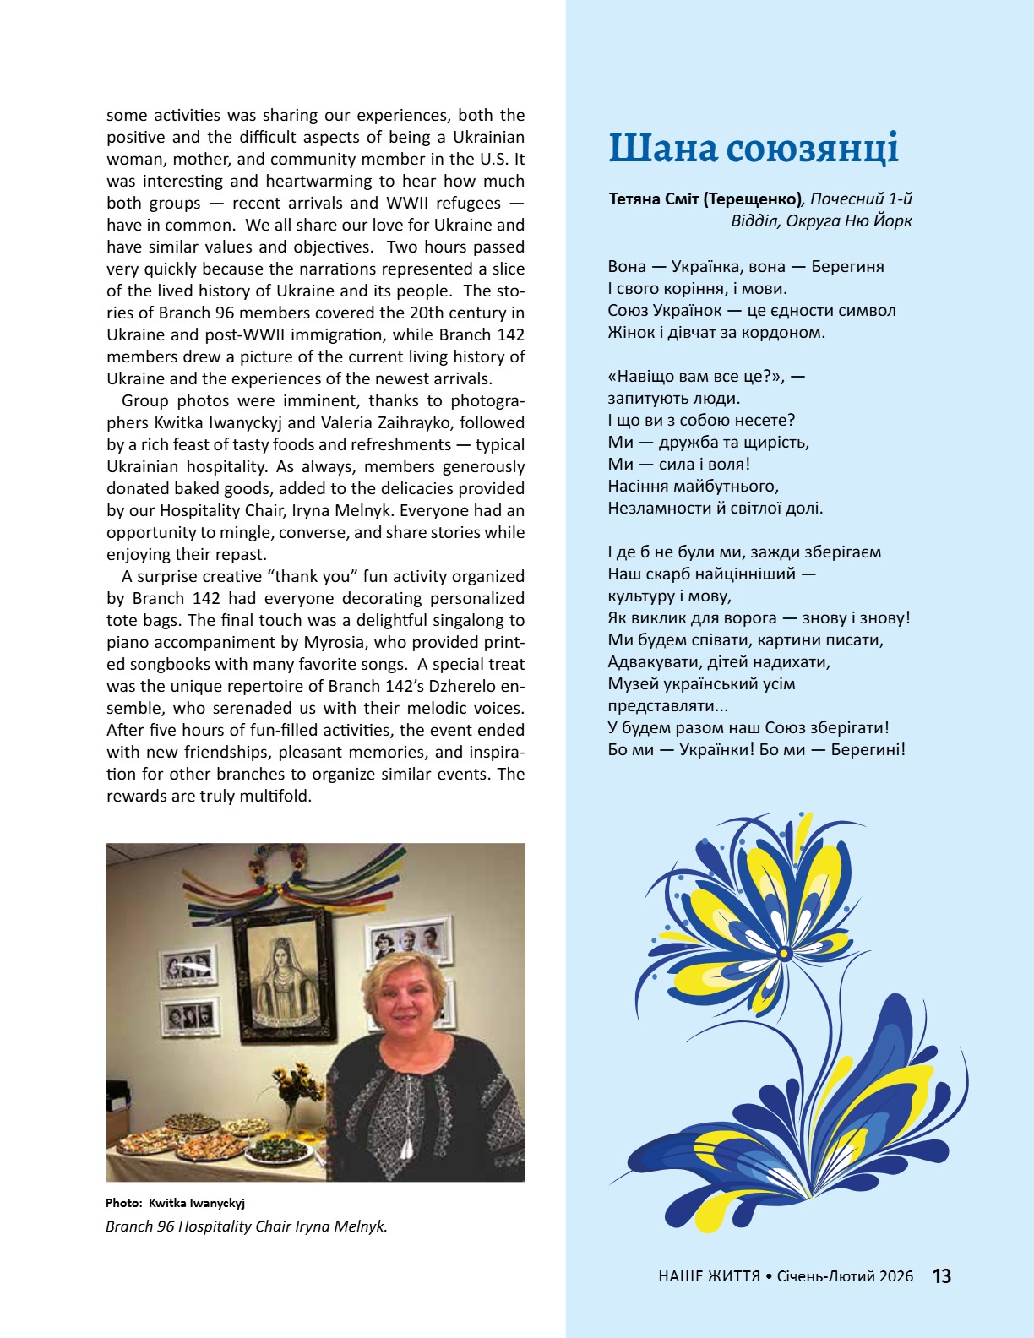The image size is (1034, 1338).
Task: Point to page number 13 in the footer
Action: (x=942, y=1276)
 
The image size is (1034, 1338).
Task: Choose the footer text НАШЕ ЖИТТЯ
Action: (x=709, y=1276)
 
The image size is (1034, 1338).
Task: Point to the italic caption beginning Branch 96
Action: (x=247, y=1226)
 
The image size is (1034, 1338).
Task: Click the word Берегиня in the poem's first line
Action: (x=847, y=266)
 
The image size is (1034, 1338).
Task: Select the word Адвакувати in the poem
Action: (x=648, y=661)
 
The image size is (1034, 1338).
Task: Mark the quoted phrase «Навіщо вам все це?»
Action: (x=694, y=376)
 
